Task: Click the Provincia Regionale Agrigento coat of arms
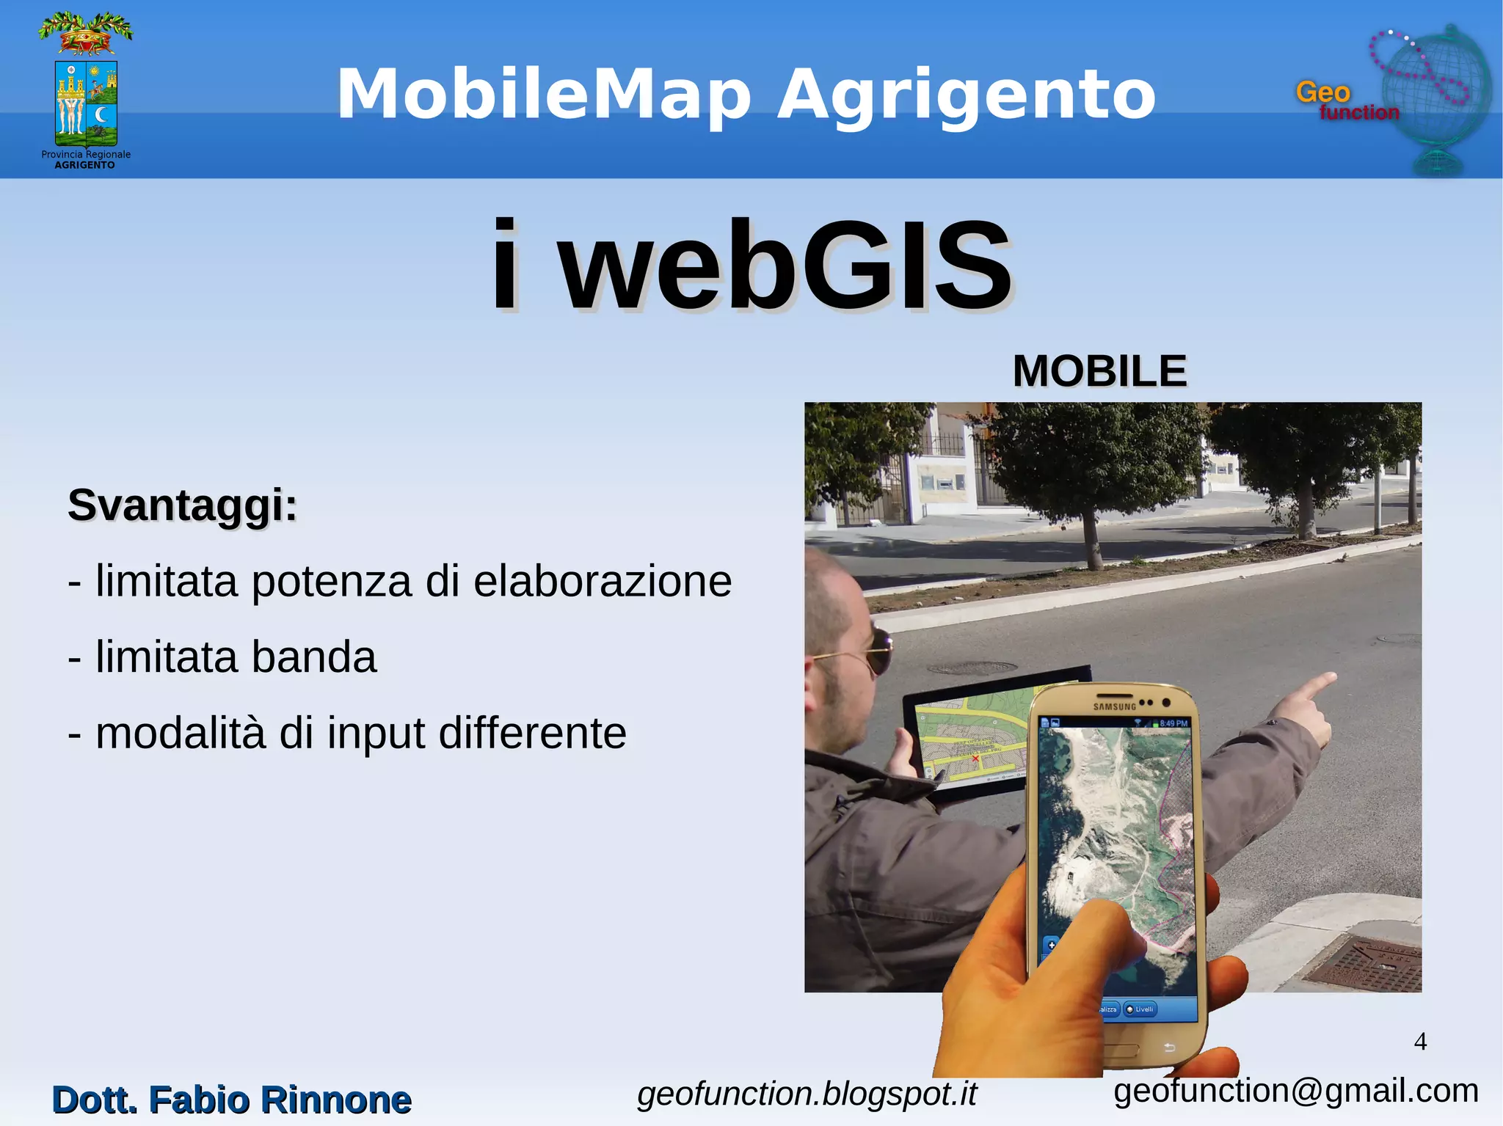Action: pyautogui.click(x=86, y=92)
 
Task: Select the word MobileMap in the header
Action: pyautogui.click(x=544, y=95)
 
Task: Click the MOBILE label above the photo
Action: pyautogui.click(x=1099, y=371)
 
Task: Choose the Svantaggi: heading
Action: pyautogui.click(x=183, y=505)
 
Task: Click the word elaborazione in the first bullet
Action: pyautogui.click(x=603, y=582)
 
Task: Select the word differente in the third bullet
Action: pyautogui.click(x=532, y=733)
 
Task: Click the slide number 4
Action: pyautogui.click(x=1420, y=1042)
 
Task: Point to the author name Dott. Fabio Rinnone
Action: pyautogui.click(x=232, y=1100)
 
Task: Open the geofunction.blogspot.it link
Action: pyautogui.click(x=807, y=1094)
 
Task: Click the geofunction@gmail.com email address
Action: pyautogui.click(x=1296, y=1091)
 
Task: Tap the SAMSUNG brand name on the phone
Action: pyautogui.click(x=1114, y=707)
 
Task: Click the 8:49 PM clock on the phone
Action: pyautogui.click(x=1173, y=724)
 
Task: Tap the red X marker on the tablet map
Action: pyautogui.click(x=975, y=758)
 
